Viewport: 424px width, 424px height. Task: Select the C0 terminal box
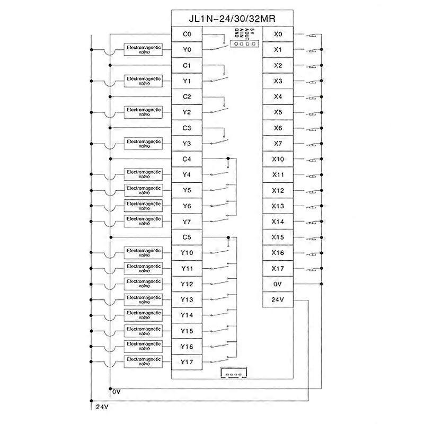tap(186, 34)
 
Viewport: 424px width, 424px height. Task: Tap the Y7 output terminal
tap(186, 221)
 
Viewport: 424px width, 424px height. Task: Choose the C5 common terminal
tap(186, 237)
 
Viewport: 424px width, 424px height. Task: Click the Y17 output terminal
tap(186, 362)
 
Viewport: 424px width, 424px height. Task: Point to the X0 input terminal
tap(278, 34)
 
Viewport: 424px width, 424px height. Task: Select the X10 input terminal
tap(278, 159)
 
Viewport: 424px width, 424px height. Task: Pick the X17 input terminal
tap(278, 268)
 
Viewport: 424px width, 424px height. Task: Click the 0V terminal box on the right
tap(278, 284)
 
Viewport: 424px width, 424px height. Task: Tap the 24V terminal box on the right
tap(278, 300)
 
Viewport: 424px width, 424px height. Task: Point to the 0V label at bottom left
tap(117, 392)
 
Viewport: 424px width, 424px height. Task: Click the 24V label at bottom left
tap(102, 407)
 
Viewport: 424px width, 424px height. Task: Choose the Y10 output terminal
tap(186, 253)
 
